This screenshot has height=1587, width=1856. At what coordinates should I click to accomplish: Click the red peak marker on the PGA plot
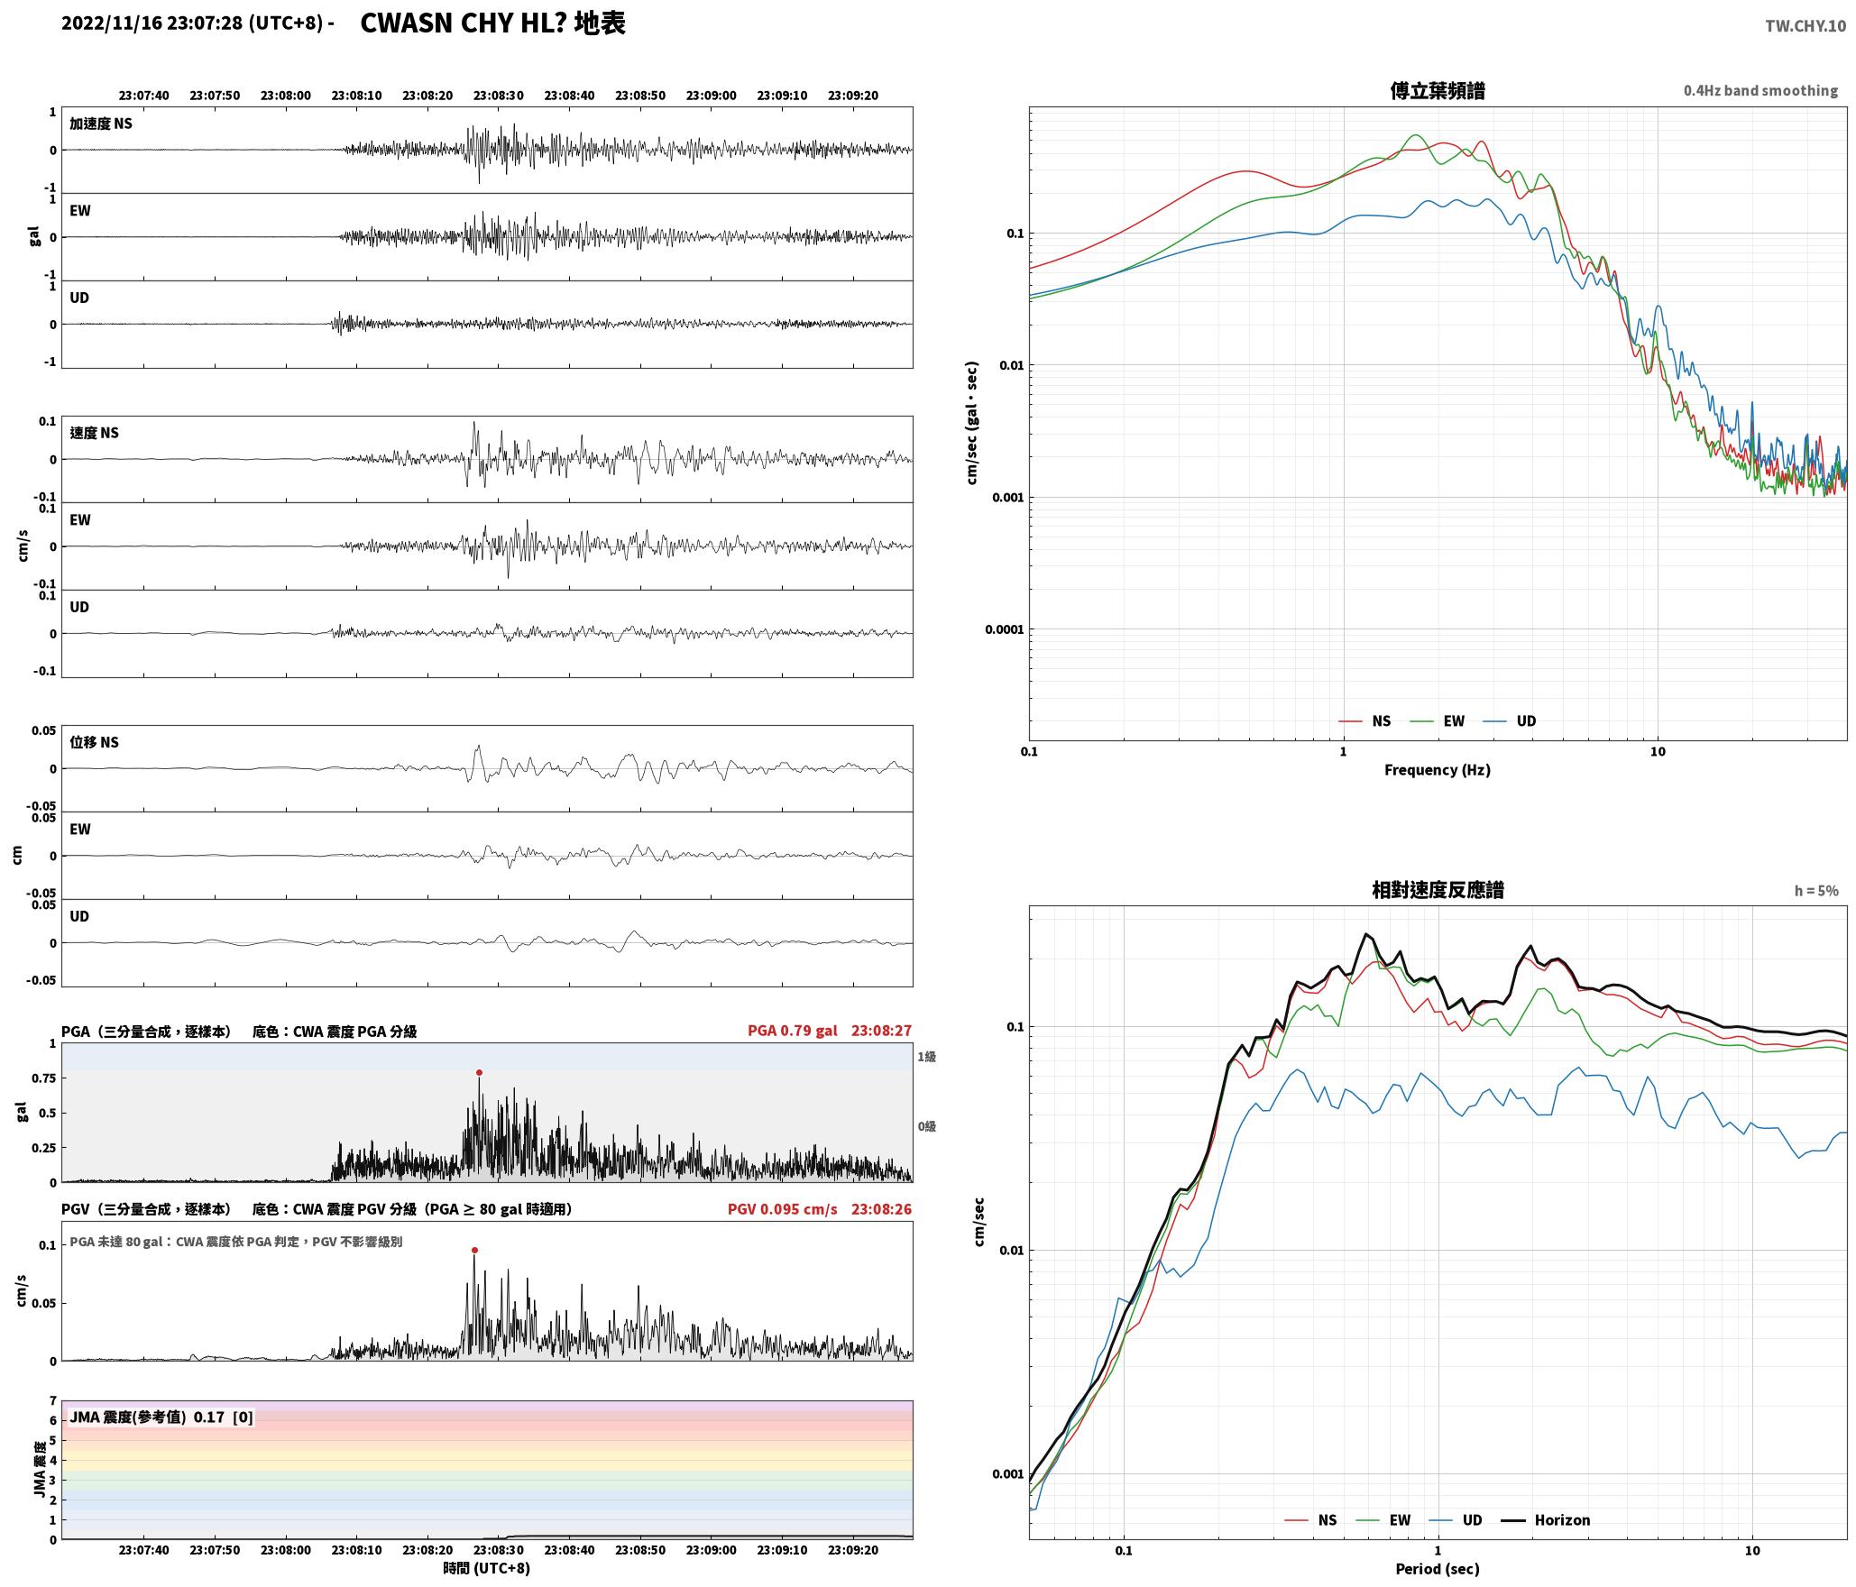pyautogui.click(x=479, y=1072)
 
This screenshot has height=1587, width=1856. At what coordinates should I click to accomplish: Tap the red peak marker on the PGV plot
pyautogui.click(x=474, y=1250)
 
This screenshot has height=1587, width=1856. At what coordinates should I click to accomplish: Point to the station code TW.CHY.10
pyautogui.click(x=1805, y=26)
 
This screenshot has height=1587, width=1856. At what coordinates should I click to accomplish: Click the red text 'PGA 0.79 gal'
pyautogui.click(x=792, y=1030)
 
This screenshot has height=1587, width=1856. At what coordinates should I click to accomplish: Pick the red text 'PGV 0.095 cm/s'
pyautogui.click(x=782, y=1208)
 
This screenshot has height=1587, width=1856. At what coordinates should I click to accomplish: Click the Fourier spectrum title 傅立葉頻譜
pyautogui.click(x=1438, y=90)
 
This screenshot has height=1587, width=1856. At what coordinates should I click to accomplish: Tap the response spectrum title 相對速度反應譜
pyautogui.click(x=1438, y=889)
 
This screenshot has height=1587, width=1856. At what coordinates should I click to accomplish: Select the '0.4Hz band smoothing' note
pyautogui.click(x=1760, y=90)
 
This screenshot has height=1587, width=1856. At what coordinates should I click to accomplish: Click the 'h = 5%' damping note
pyautogui.click(x=1816, y=890)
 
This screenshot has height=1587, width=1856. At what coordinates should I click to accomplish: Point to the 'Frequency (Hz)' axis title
pyautogui.click(x=1438, y=769)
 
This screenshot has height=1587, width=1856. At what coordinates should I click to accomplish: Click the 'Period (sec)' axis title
pyautogui.click(x=1438, y=1568)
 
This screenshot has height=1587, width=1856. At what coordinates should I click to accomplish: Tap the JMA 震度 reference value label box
pyautogui.click(x=161, y=1417)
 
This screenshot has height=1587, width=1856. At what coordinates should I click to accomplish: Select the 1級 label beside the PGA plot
pyautogui.click(x=926, y=1056)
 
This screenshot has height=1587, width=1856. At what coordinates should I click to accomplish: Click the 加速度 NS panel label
pyautogui.click(x=101, y=124)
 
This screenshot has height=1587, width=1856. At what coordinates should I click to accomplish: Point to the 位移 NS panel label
pyautogui.click(x=95, y=742)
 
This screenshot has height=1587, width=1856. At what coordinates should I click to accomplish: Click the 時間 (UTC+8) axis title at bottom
pyautogui.click(x=486, y=1568)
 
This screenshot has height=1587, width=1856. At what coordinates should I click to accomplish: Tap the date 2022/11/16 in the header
pyautogui.click(x=112, y=23)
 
